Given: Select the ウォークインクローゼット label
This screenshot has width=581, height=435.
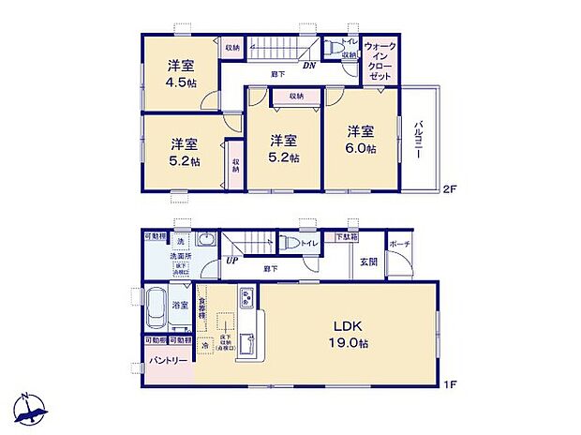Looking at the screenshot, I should tap(380, 60).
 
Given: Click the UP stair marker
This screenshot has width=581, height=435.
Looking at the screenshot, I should tap(231, 261).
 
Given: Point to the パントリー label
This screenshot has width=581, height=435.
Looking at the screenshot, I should tap(165, 359).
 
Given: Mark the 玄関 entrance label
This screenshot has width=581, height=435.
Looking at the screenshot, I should tap(368, 262).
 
